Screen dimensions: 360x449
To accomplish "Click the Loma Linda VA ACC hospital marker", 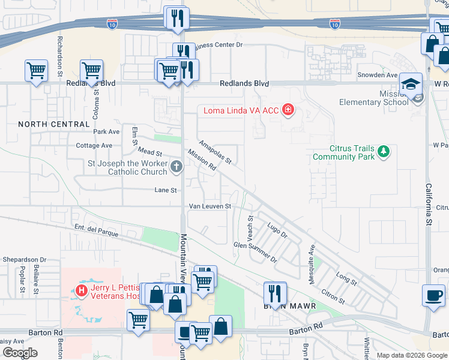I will [289, 110].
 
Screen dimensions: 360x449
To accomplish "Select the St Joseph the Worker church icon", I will [176, 167].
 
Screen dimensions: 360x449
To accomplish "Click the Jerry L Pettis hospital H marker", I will [82, 291].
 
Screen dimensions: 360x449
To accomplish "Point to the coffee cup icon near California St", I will [433, 295].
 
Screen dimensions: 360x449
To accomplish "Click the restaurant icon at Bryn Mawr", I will [275, 293].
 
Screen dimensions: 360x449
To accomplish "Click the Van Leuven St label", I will [210, 206].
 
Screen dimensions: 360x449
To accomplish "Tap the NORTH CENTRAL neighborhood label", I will [53, 124].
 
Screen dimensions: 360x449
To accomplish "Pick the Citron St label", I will [333, 296].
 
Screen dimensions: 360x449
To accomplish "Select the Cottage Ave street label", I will [94, 146].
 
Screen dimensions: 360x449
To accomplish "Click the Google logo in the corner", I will [20, 353].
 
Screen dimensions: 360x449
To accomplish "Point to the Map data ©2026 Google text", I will [411, 355].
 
